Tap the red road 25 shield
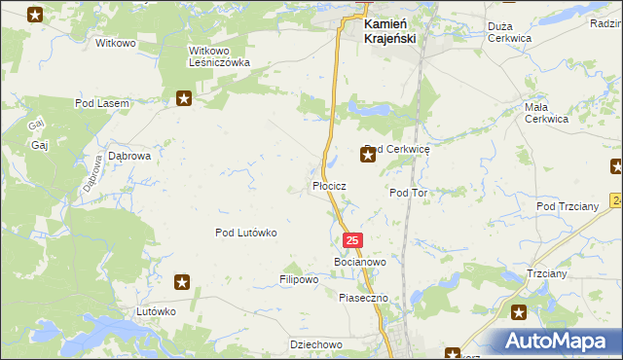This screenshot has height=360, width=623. (352, 240)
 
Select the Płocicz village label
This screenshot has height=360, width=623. (330, 185)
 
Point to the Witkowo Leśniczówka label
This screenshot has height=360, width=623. (219, 55)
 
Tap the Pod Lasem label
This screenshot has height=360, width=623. (102, 102)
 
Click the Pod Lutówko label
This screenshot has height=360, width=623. (247, 233)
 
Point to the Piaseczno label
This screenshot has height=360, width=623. (363, 298)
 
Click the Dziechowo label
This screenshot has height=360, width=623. (316, 344)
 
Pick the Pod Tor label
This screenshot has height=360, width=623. (409, 193)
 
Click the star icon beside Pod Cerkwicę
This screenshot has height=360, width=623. (368, 155)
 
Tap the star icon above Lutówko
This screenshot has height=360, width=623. (182, 282)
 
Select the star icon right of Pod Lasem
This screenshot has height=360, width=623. (184, 97)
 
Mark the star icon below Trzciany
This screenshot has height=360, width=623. (519, 312)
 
